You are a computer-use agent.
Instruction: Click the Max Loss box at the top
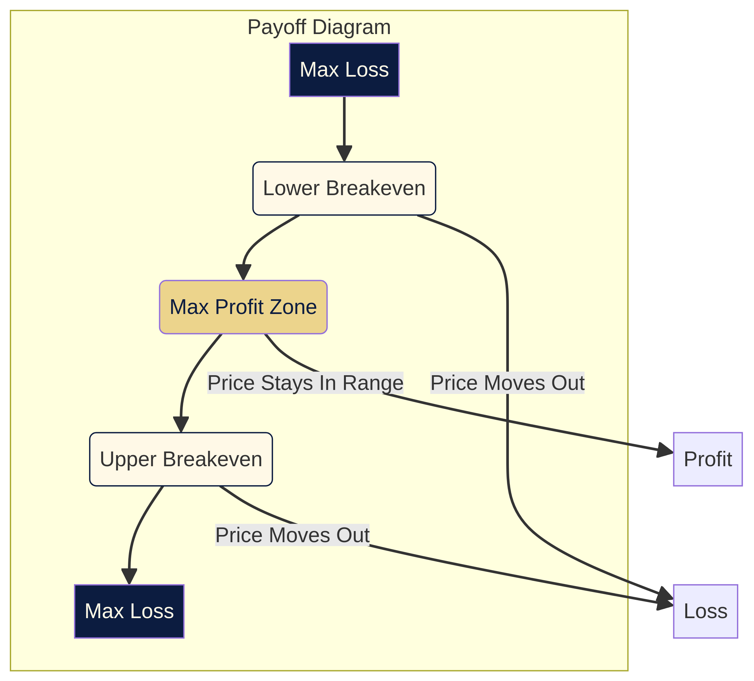tap(344, 70)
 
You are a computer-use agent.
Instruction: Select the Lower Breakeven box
tap(344, 189)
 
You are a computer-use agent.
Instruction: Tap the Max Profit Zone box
tap(243, 307)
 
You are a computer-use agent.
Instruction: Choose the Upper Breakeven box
tap(181, 459)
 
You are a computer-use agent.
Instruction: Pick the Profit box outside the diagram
tap(708, 459)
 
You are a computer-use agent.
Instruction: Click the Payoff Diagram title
tap(319, 27)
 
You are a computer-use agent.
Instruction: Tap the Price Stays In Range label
tap(305, 383)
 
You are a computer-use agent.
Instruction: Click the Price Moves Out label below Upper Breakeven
tap(292, 535)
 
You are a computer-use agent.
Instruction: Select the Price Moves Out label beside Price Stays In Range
tap(507, 383)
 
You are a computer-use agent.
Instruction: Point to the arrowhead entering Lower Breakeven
tap(344, 154)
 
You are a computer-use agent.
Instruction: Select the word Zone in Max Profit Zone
tap(298, 307)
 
